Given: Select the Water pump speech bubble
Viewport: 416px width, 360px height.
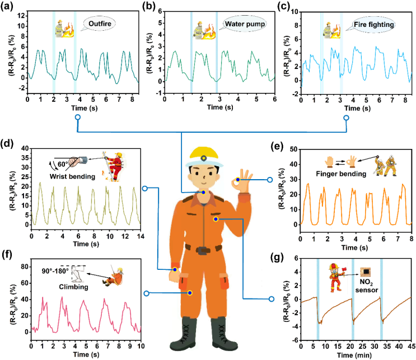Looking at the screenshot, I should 243,25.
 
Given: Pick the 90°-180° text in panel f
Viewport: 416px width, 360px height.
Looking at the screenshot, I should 53,270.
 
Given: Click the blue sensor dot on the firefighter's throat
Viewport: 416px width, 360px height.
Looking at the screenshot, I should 203,192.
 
